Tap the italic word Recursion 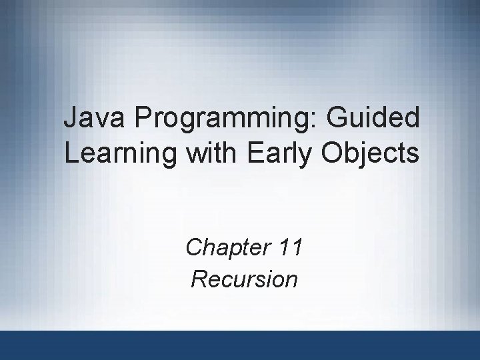point(244,279)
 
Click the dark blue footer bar point(240,345)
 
